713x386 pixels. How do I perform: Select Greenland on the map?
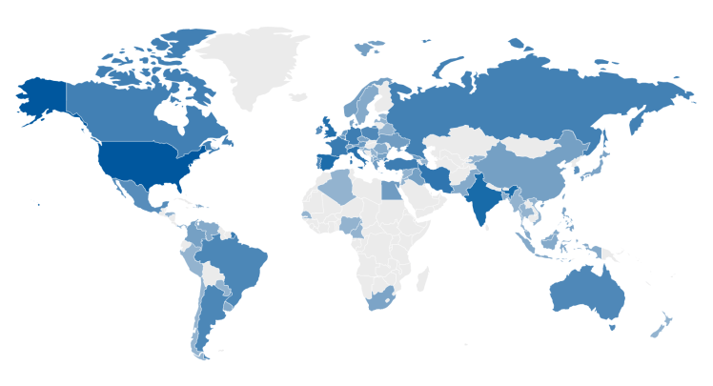click(257, 62)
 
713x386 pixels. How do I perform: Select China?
click(529, 172)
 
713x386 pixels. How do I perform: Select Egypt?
click(391, 190)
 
